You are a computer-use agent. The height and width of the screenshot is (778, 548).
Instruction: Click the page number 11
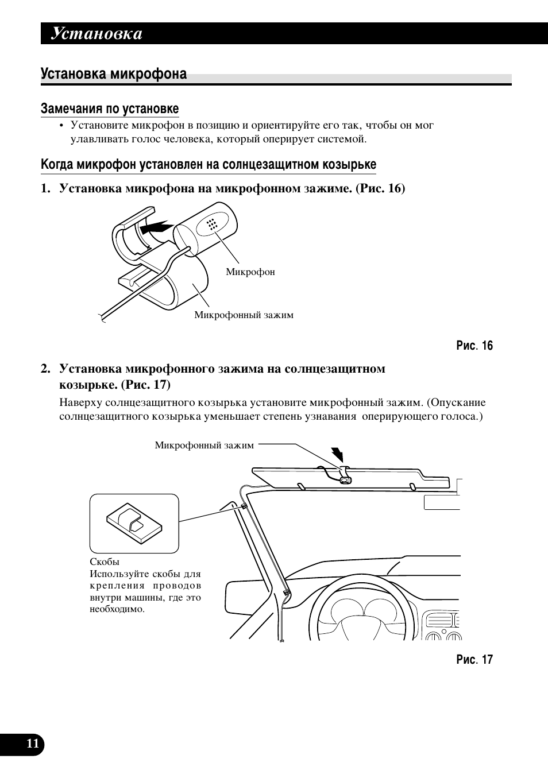[x=33, y=744]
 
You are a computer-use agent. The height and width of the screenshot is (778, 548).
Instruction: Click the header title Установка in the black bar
[x=97, y=34]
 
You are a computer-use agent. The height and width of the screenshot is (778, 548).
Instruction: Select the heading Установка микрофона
[x=114, y=74]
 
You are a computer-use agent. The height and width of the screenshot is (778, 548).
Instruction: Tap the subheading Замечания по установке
[x=110, y=109]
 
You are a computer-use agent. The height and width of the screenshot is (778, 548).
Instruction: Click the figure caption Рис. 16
[x=474, y=346]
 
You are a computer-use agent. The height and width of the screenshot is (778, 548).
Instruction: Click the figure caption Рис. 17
[x=474, y=660]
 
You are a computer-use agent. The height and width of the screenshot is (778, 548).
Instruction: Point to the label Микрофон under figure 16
[x=250, y=272]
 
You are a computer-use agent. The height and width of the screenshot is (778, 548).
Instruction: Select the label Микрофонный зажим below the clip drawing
[x=244, y=315]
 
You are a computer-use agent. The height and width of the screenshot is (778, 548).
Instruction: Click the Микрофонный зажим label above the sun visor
[x=204, y=446]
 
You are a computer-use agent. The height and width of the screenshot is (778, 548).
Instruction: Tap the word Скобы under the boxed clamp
[x=105, y=562]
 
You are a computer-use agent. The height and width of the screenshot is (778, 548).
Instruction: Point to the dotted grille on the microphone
[x=211, y=225]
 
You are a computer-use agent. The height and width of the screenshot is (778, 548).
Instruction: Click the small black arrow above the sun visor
[x=338, y=455]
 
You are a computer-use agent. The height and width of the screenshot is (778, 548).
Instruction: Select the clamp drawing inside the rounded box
[x=134, y=523]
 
